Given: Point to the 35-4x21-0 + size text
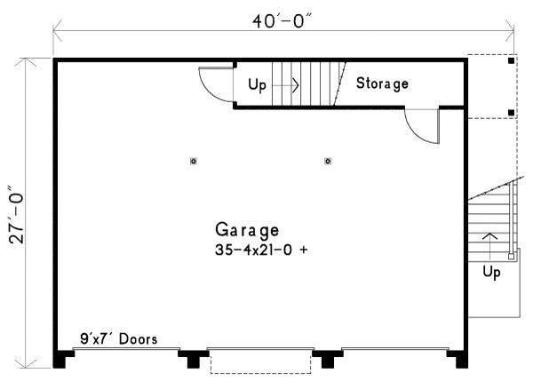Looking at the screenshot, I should pyautogui.click(x=260, y=250).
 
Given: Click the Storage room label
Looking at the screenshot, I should pyautogui.click(x=382, y=84).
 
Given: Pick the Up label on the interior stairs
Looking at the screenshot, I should pyautogui.click(x=258, y=85).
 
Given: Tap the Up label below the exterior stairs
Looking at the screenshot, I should pyautogui.click(x=490, y=271).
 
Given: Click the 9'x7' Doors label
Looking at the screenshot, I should pyautogui.click(x=118, y=338).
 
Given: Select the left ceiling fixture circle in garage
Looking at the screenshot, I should pyautogui.click(x=194, y=161).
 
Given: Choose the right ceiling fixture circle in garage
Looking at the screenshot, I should pyautogui.click(x=328, y=161).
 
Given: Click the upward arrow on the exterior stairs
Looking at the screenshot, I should pyautogui.click(x=488, y=238).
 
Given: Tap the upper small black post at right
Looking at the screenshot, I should pyautogui.click(x=511, y=61).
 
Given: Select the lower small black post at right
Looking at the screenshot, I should pyautogui.click(x=511, y=113).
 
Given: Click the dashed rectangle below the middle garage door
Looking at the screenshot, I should pyautogui.click(x=260, y=362).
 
